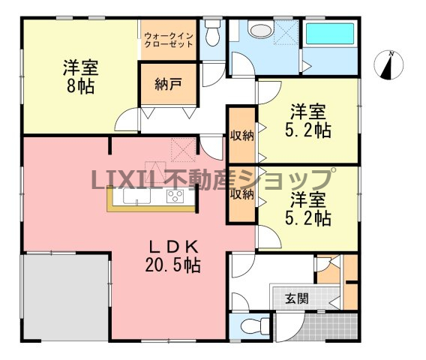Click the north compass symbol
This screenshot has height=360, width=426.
point(388,65)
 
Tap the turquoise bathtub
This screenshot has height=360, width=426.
point(330,34)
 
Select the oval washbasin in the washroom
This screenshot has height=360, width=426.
point(261,31)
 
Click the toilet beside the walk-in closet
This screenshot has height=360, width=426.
point(212,33)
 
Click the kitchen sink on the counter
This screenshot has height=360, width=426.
point(136,196)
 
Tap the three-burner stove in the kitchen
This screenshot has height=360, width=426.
point(175,196)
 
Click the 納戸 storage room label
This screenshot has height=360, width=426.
point(168,85)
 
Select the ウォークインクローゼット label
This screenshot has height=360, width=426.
point(169,40)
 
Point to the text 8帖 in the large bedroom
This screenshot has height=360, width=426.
point(81,87)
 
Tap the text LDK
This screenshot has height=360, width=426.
point(173,247)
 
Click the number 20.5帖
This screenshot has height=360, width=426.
point(173,265)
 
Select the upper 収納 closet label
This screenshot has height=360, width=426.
point(241,135)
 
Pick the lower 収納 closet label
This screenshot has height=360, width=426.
point(241,194)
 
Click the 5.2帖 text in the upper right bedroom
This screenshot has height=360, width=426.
point(308,130)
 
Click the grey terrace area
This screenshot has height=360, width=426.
point(66,296)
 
